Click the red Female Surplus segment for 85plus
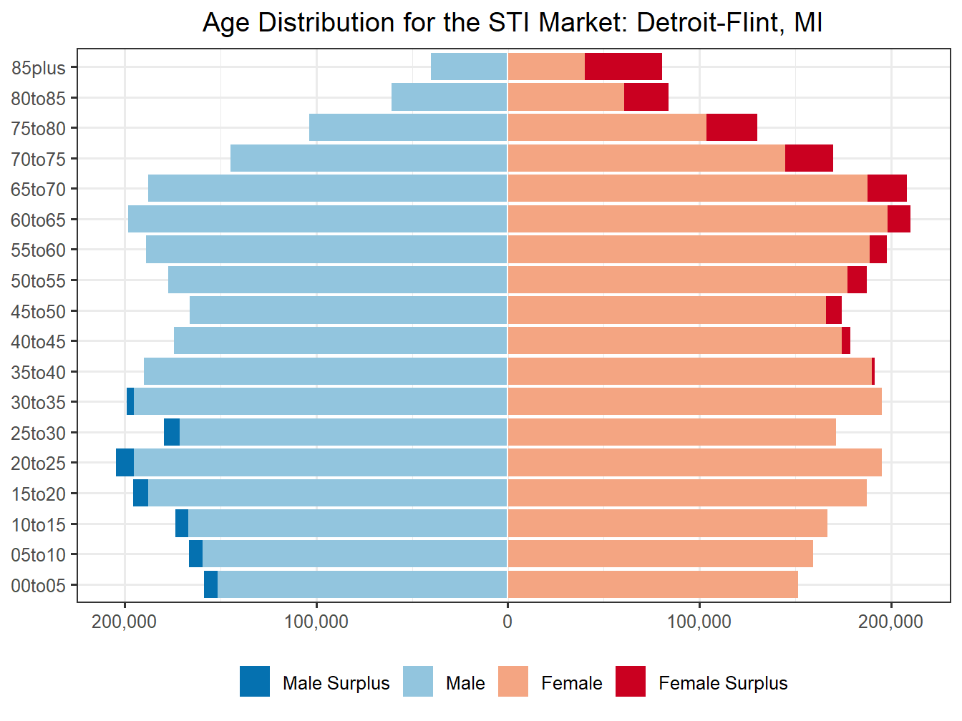(x=623, y=67)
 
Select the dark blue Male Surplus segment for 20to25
(x=125, y=463)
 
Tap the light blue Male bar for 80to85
(x=450, y=97)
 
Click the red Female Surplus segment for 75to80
(x=732, y=127)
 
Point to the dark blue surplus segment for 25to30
(x=172, y=432)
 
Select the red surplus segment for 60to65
(x=898, y=219)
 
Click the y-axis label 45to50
(x=38, y=312)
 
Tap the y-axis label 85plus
(x=38, y=68)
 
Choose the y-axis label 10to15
(x=38, y=525)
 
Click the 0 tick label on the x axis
(x=507, y=622)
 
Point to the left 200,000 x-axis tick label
(x=125, y=622)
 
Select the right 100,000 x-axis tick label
(x=699, y=622)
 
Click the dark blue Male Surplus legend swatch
(x=255, y=682)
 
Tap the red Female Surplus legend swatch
(x=631, y=682)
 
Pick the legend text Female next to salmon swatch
(x=571, y=684)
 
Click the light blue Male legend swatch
(x=418, y=682)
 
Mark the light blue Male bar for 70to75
(x=369, y=158)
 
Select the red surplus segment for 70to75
(x=809, y=158)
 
